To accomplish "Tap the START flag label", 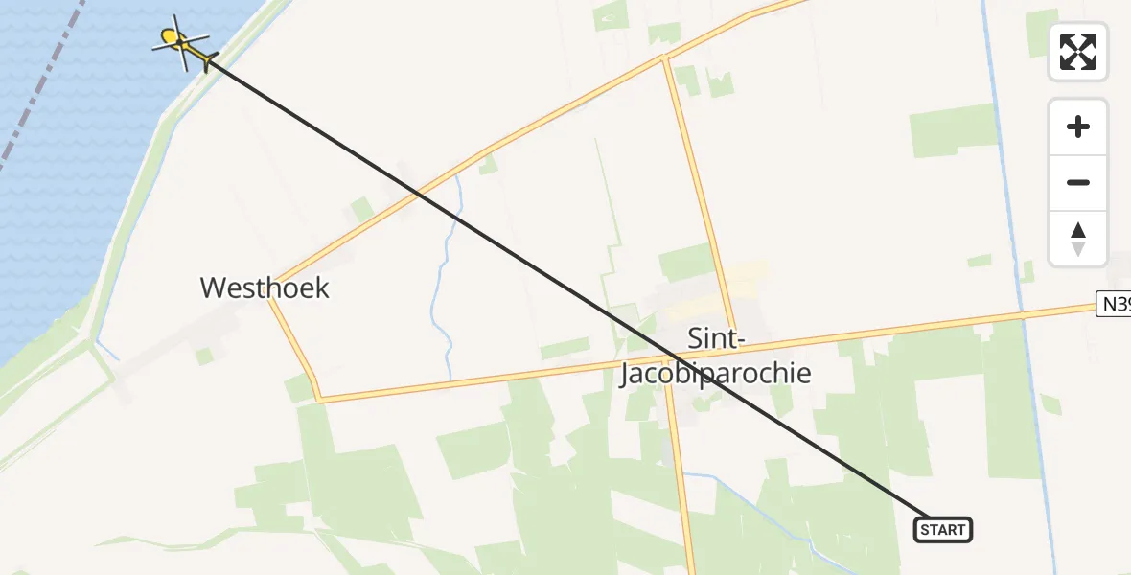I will click(x=943, y=529).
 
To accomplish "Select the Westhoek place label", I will click(x=265, y=287).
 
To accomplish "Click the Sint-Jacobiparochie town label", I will click(x=715, y=356).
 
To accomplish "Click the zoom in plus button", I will click(x=1078, y=126).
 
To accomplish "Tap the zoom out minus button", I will click(x=1078, y=183).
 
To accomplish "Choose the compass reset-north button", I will click(x=1078, y=239).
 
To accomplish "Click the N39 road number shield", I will click(x=1115, y=305).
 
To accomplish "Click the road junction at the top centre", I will click(x=664, y=57).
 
